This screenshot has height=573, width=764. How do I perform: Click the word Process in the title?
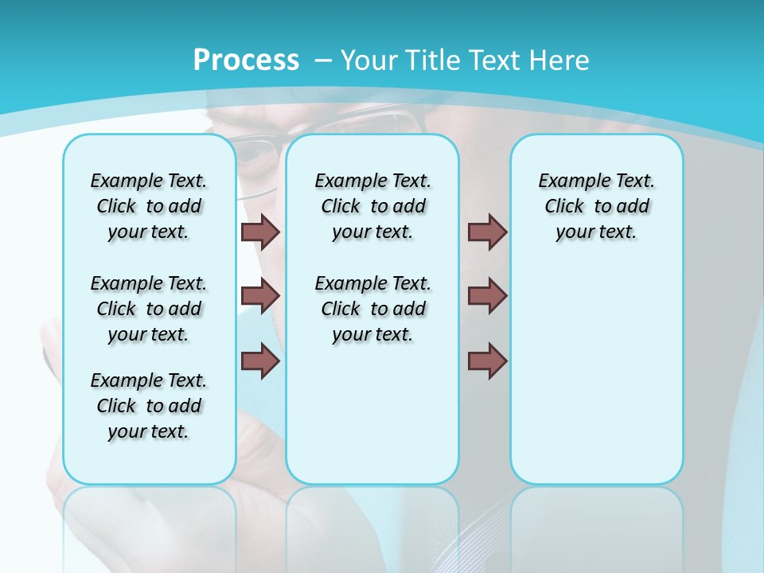tap(246, 60)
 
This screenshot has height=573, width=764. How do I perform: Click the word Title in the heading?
tap(433, 60)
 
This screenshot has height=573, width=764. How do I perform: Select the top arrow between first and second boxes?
tap(260, 232)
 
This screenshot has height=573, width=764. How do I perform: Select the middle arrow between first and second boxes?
tap(260, 296)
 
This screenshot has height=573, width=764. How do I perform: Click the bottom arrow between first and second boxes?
tap(260, 361)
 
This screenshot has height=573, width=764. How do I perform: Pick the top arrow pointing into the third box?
tap(487, 232)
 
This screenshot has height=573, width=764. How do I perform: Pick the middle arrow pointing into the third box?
tap(487, 296)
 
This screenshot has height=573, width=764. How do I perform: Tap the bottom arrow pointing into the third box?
tap(487, 361)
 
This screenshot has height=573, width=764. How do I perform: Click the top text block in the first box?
tap(149, 206)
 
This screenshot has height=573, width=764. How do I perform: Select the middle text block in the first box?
tap(149, 309)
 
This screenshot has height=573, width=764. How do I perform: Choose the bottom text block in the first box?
tap(149, 406)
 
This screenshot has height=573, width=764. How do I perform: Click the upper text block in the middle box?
tap(372, 206)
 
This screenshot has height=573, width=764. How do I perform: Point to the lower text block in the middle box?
tap(372, 309)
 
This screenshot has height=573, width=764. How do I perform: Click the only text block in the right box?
tap(596, 206)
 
